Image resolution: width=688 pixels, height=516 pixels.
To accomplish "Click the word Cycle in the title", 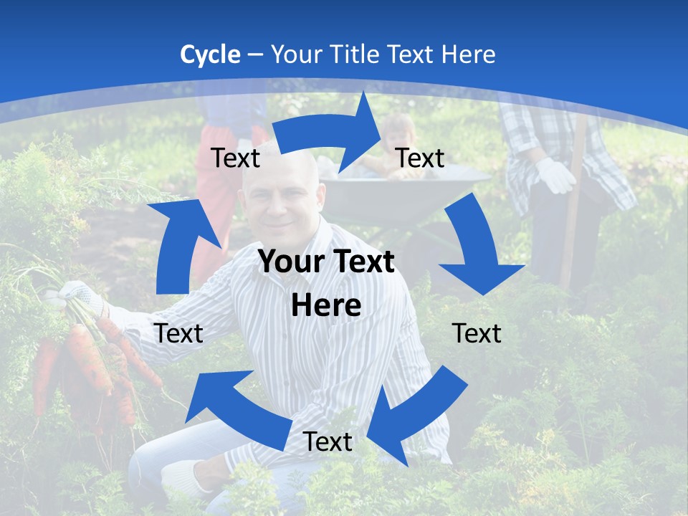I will click(210, 54).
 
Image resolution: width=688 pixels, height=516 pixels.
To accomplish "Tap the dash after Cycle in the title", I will click(255, 55).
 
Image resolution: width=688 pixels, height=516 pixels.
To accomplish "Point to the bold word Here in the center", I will click(326, 305).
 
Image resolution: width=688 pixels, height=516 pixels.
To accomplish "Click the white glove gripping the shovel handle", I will click(555, 174).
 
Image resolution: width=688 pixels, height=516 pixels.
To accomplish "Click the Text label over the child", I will click(420, 158).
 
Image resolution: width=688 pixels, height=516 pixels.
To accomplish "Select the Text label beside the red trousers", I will click(236, 158).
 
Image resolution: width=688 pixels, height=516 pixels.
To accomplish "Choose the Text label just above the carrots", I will click(178, 333).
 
